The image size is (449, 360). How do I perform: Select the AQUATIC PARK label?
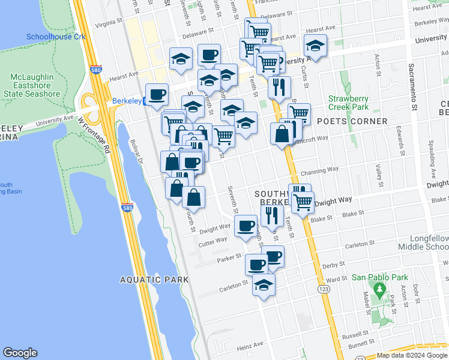coord(154,280)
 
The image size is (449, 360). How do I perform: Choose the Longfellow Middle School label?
coord(424,243)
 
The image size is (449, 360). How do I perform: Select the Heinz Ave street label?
coord(250,345)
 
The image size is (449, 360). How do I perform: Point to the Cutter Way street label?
coord(212,240)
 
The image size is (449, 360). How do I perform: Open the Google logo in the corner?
coord(20,353)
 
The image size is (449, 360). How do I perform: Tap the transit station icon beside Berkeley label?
coord(146,101)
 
